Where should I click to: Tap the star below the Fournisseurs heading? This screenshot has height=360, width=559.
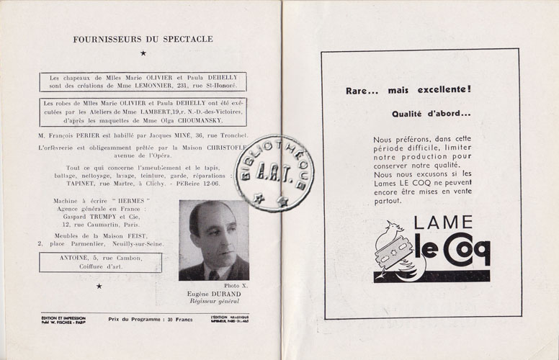tap(143, 53)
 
